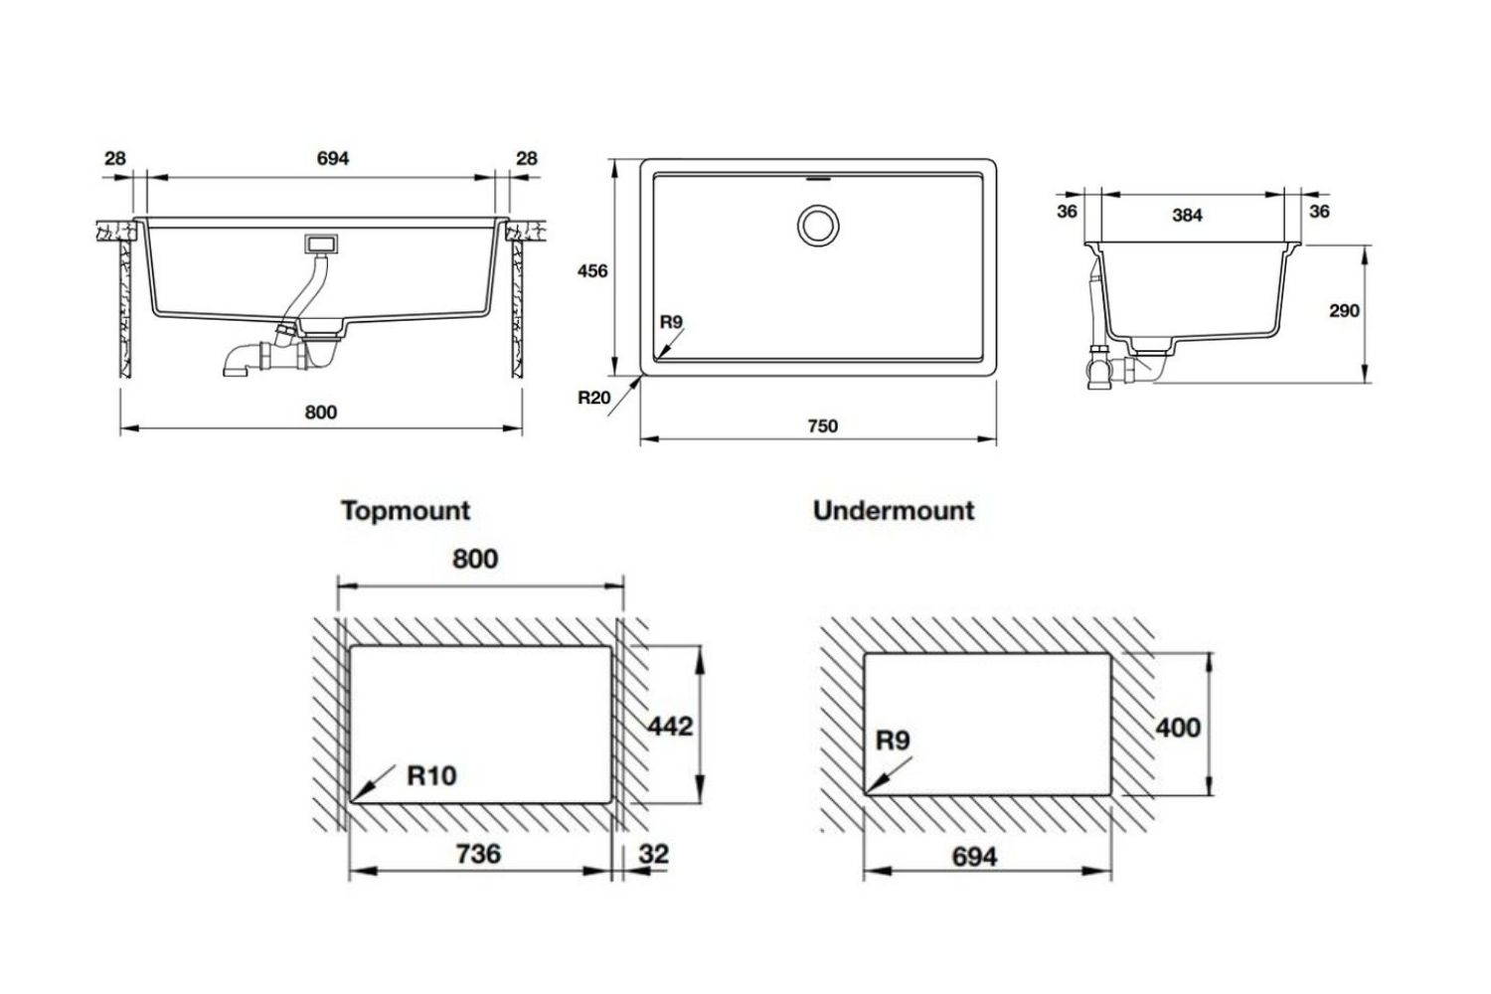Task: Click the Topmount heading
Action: tap(405, 511)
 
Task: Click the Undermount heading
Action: tap(894, 511)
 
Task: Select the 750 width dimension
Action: tap(822, 426)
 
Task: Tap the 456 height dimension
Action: tap(592, 270)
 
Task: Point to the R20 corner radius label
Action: tap(593, 398)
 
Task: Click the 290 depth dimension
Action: tap(1344, 311)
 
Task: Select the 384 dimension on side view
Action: tap(1187, 215)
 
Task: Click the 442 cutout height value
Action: tap(670, 727)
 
